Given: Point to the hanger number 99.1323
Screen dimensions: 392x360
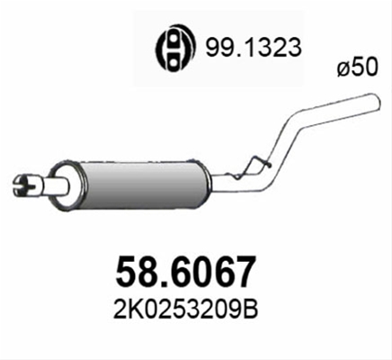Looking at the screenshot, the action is (253, 48).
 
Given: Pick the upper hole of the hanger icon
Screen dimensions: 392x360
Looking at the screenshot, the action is (173, 37).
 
